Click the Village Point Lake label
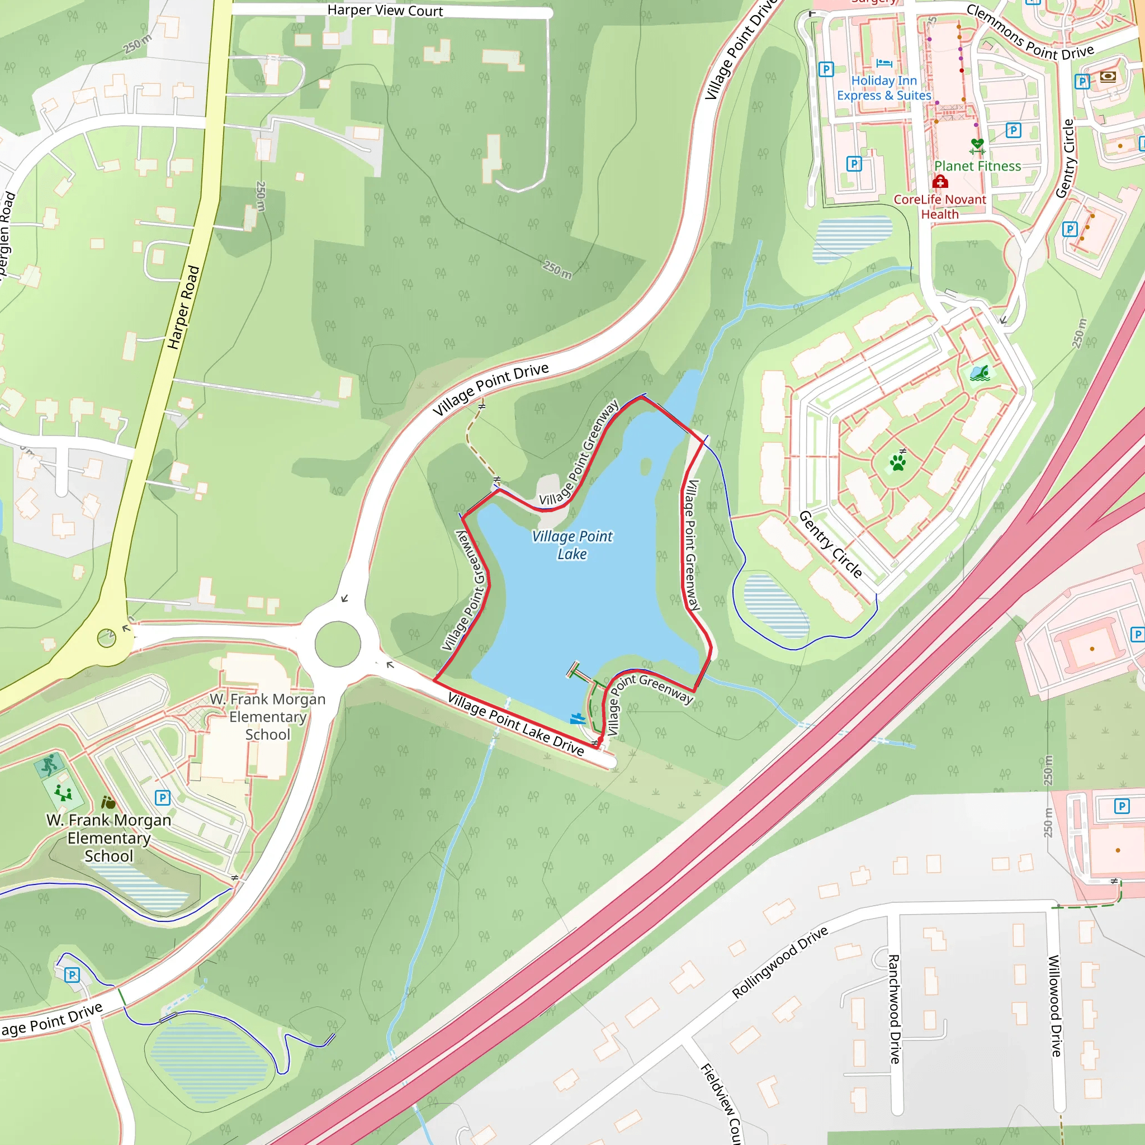[x=572, y=545]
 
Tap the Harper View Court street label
[x=385, y=11]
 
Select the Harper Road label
[x=183, y=307]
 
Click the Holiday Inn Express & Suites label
[x=884, y=88]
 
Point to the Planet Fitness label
[x=977, y=166]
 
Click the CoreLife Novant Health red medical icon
[x=940, y=181]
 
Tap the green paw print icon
[x=898, y=462]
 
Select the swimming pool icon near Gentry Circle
[x=979, y=373]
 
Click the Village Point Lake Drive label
[x=515, y=723]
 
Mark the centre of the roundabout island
[x=337, y=644]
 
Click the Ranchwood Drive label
[x=895, y=1008]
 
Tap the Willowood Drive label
[x=1055, y=1005]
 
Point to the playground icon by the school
[x=63, y=792]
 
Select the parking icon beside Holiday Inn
[x=826, y=69]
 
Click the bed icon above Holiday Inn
[x=884, y=63]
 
